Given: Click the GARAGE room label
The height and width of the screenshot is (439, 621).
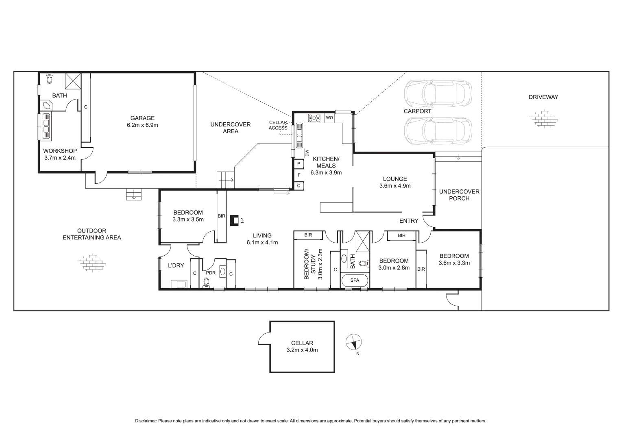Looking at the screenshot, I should point(142,118).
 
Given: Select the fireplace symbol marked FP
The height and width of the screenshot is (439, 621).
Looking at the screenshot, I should point(234,220).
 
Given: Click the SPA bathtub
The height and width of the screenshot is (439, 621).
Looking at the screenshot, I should point(355,280).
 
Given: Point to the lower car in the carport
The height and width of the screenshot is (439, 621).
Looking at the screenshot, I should point(438,131).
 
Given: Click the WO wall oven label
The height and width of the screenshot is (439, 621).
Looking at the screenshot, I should point(329,118).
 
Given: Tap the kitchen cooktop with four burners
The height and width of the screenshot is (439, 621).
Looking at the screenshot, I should point(314,118).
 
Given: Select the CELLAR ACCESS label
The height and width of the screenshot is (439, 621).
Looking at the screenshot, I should point(278,125).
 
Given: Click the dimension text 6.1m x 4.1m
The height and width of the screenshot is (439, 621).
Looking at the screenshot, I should point(262,243).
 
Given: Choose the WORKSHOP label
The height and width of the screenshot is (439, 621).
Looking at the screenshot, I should point(60,151).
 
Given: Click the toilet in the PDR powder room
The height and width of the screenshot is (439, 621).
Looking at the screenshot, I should point(207,282).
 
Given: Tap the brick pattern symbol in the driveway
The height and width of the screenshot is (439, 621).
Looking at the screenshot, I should point(543,119).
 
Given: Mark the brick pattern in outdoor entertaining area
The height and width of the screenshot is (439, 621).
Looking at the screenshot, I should point(93,263).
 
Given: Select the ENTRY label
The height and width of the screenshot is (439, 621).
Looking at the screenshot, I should point(409,221).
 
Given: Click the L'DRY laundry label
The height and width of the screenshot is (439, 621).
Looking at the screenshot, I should point(176,265).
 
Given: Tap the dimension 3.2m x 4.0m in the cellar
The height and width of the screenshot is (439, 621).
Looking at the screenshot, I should point(302,350).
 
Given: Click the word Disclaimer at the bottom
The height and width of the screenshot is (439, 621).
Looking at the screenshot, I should point(146,421).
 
